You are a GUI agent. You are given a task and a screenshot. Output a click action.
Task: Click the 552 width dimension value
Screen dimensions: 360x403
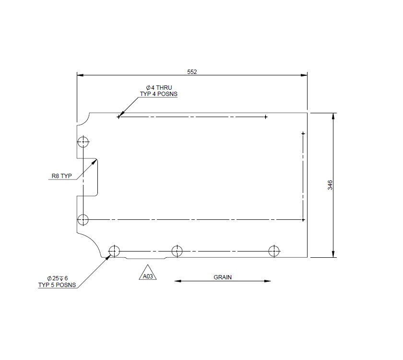pos(192,72)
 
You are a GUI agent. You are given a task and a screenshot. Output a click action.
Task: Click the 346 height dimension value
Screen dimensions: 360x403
pos(330,185)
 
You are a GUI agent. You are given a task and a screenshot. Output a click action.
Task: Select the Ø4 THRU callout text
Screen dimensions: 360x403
pos(158,88)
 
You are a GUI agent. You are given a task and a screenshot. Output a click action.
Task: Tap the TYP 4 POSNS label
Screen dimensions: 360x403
pos(158,94)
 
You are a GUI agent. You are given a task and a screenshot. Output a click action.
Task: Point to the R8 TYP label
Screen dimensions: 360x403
pos(61,176)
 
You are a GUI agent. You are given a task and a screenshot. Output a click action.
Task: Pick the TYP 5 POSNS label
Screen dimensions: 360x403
pos(57,285)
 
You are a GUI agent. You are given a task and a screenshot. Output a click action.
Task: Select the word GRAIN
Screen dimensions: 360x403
pos(223,277)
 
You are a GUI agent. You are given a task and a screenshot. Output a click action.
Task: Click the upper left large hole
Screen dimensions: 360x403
pos(83,142)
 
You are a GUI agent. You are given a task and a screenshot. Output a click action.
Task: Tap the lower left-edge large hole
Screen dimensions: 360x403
pos(83,220)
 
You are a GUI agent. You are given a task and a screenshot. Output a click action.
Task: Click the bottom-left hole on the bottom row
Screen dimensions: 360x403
pos(114,251)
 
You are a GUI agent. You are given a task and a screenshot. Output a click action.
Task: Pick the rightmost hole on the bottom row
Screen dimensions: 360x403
pos(274,251)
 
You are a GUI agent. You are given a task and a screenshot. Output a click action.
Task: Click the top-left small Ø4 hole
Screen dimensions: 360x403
pos(119,117)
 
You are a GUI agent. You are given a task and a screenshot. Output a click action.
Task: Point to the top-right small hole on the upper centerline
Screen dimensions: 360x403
pos(266,117)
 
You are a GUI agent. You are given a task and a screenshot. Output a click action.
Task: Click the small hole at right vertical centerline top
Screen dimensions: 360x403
pos(303,132)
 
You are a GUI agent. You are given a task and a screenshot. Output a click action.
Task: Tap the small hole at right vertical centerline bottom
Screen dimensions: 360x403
pos(303,220)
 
